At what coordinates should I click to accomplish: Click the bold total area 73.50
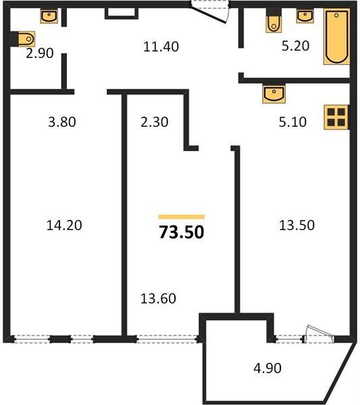tap(182, 232)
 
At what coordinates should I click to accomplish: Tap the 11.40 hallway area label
tap(161, 47)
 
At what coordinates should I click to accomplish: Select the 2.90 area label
tap(40, 53)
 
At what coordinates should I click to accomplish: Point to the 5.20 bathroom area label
tap(295, 46)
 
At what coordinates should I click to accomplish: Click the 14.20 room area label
tap(64, 225)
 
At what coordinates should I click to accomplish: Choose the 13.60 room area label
tap(158, 298)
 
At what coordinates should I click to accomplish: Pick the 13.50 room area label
tap(297, 225)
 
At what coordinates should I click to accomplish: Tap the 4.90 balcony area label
tap(267, 368)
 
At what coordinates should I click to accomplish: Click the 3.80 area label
tap(62, 122)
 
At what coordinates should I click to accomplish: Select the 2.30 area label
tap(154, 122)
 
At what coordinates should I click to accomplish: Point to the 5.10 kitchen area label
tap(292, 122)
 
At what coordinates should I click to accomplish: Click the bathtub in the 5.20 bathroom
tap(337, 36)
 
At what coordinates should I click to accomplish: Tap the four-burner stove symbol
tap(336, 117)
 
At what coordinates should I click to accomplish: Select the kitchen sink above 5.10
tap(274, 93)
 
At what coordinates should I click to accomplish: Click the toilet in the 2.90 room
tap(26, 39)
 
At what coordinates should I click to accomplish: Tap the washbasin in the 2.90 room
tap(49, 16)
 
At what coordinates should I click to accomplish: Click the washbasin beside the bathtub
tap(305, 16)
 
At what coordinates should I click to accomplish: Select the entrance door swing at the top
tap(209, 13)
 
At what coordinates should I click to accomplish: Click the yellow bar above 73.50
tap(182, 217)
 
